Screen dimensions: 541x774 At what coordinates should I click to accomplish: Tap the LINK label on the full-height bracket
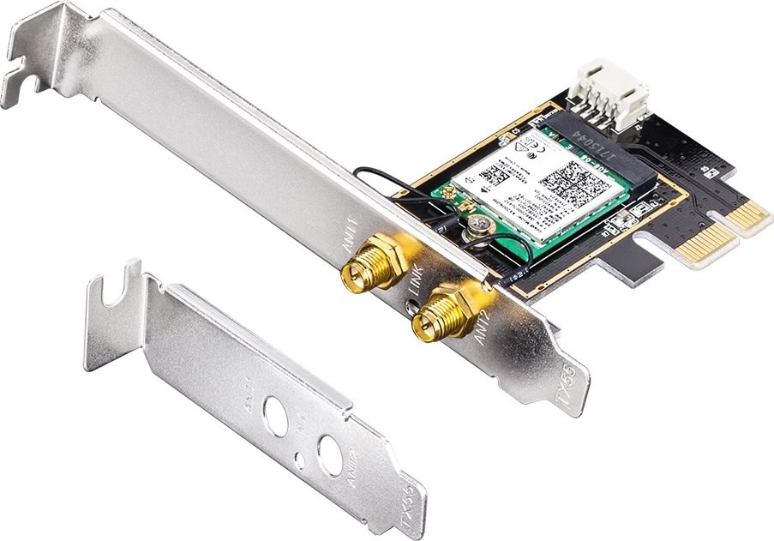coord(417,286)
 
